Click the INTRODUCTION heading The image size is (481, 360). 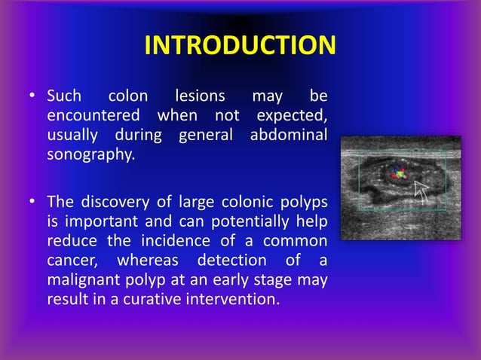tap(240, 46)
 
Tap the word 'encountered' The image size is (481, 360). tap(93, 116)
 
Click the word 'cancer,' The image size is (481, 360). tap(74, 261)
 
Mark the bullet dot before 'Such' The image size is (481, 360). tap(32, 97)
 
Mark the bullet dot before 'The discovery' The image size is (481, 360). tap(32, 203)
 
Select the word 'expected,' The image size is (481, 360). tap(292, 116)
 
